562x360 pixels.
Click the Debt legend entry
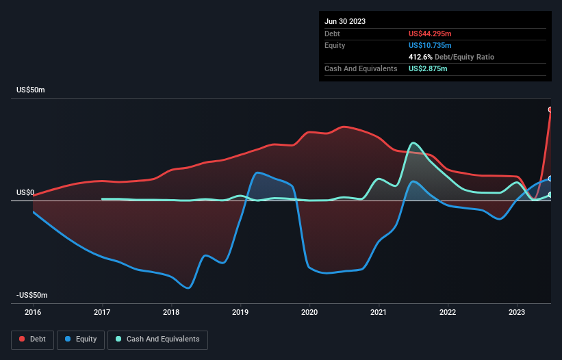pyautogui.click(x=34, y=339)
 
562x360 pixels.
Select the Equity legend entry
pyautogui.click(x=81, y=339)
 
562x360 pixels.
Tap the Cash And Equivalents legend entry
pyautogui.click(x=157, y=339)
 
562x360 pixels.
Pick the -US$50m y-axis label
pyautogui.click(x=31, y=295)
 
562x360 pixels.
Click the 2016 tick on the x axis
pyautogui.click(x=33, y=312)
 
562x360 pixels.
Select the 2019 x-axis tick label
pyautogui.click(x=240, y=312)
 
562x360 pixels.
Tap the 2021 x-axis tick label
pyautogui.click(x=379, y=312)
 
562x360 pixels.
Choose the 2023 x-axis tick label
pyautogui.click(x=517, y=312)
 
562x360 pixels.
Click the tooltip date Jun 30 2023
pyautogui.click(x=345, y=21)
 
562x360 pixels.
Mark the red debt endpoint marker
pyautogui.click(x=550, y=110)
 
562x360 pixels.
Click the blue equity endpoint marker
pyautogui.click(x=550, y=179)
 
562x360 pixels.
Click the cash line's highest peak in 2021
pyautogui.click(x=413, y=143)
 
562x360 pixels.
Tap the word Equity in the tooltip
pyautogui.click(x=335, y=45)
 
